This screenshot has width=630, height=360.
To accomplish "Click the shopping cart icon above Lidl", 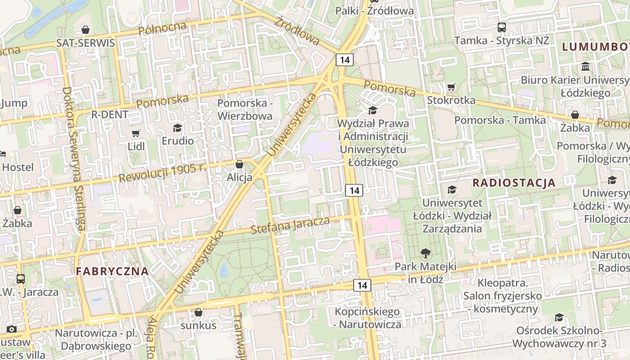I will click(x=135, y=133).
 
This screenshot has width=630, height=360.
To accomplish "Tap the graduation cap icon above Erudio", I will click(x=178, y=128).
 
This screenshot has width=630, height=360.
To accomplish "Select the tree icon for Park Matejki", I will click(x=425, y=253).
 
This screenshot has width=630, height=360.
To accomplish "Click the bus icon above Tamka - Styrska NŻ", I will click(x=502, y=27).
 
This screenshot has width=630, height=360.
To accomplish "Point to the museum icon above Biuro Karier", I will click(x=585, y=67).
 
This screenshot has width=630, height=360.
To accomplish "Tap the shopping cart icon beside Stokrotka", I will click(x=451, y=87).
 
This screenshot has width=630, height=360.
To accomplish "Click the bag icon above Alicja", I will click(x=239, y=164).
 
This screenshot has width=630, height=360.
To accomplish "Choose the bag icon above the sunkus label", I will click(x=198, y=312).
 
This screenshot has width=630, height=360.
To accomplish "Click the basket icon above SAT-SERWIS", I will click(x=85, y=30).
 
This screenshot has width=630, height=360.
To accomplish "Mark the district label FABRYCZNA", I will click(x=112, y=271).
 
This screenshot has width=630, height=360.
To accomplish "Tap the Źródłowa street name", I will click(x=297, y=31).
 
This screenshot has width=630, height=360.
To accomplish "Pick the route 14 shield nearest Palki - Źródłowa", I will click(x=345, y=59).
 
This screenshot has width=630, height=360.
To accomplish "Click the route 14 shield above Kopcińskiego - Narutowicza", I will click(x=362, y=285).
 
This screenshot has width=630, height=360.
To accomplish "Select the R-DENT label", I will click(x=110, y=114).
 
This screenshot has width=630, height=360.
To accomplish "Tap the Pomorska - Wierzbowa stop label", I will click(x=245, y=109).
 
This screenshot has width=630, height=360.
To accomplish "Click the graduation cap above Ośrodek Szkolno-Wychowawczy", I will click(x=559, y=317).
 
